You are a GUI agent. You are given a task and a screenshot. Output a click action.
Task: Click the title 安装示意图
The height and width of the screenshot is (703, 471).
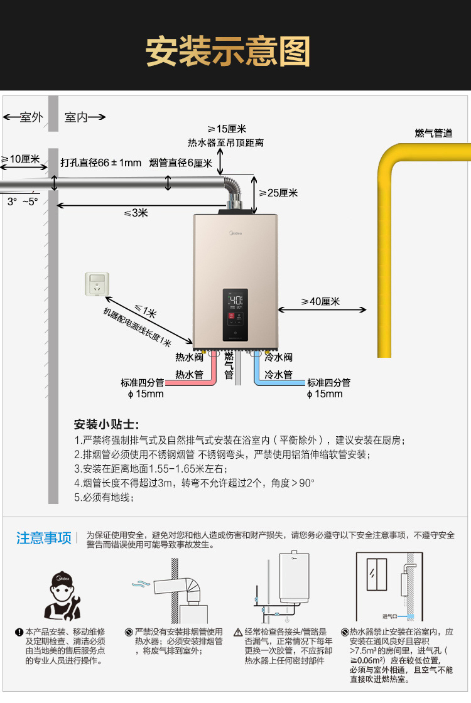tap(228, 51)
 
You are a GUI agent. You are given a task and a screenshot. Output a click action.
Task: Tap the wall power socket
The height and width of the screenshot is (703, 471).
tap(97, 284)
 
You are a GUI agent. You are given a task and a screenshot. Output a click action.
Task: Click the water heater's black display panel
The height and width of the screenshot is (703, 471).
tap(235, 314)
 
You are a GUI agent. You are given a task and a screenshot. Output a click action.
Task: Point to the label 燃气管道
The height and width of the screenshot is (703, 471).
tap(434, 133)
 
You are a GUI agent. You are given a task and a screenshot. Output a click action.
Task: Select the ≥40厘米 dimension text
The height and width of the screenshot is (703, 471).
tap(320, 301)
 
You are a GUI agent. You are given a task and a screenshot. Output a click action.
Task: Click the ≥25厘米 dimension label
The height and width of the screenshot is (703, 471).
tap(279, 193)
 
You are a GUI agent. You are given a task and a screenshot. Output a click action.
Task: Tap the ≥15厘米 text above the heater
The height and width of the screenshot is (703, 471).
tap(227, 129)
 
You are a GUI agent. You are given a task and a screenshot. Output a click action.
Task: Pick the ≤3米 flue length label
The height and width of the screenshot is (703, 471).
tap(136, 213)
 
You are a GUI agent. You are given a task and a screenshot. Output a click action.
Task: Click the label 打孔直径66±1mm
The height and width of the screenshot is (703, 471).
tap(101, 163)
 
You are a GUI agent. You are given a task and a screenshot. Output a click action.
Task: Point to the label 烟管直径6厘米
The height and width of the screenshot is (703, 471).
tap(181, 163)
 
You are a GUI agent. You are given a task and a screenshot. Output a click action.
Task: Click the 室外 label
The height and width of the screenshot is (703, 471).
tap(31, 117)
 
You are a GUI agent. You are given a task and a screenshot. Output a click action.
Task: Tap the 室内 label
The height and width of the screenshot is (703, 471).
tap(76, 117)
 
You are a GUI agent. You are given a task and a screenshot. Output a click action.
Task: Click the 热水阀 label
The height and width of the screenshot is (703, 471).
tap(189, 357)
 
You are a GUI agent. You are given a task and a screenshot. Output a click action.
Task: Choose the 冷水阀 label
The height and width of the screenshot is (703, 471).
tap(279, 357)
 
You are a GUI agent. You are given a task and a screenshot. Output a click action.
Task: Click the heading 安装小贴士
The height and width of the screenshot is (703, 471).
tap(107, 424)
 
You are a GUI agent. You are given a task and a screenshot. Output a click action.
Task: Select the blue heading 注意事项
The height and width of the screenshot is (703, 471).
tap(44, 538)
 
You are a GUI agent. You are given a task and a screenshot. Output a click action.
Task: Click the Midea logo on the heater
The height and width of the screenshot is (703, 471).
tap(235, 233)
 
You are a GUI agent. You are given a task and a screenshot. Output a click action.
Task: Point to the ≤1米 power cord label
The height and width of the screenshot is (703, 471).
tap(146, 311)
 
